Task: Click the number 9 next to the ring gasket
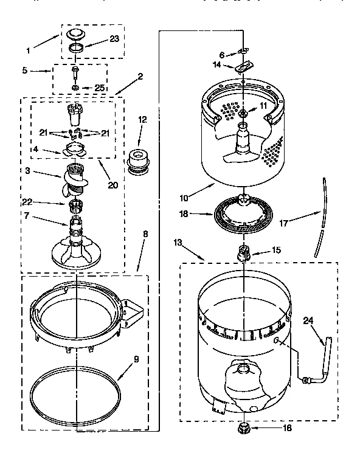click(136, 359)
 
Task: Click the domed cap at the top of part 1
click(77, 33)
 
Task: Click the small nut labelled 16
click(243, 427)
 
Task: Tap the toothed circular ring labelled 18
click(244, 215)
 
